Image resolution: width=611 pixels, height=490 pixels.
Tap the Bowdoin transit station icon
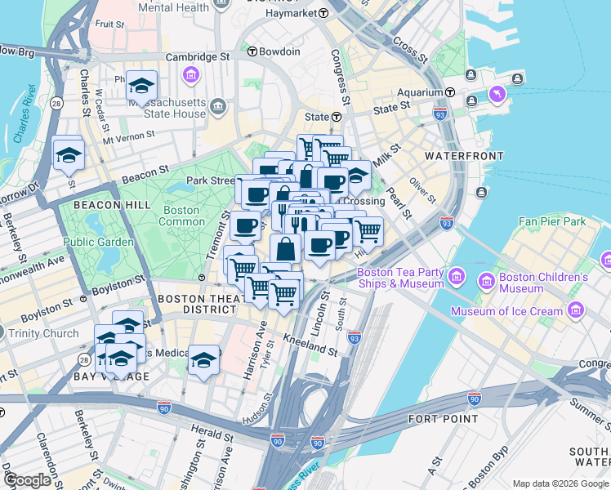(x=252, y=51)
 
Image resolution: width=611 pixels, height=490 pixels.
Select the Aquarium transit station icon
(x=450, y=92)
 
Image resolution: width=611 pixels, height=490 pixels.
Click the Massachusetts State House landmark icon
(x=218, y=106)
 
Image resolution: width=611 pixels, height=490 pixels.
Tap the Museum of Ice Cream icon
(x=576, y=311)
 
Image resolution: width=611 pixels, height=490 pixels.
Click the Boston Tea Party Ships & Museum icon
(x=457, y=275)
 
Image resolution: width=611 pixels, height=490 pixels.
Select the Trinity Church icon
(x=2, y=333)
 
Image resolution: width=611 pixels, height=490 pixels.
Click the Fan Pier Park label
(x=552, y=221)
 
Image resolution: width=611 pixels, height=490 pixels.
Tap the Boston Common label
(x=181, y=216)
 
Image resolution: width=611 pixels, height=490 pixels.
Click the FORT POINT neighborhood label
(x=442, y=419)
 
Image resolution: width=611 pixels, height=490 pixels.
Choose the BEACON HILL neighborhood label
(x=104, y=204)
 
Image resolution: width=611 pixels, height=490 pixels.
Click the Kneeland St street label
(x=310, y=344)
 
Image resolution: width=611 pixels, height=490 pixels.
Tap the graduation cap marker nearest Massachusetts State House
(x=142, y=87)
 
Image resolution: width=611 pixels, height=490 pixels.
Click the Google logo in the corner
(x=27, y=480)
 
